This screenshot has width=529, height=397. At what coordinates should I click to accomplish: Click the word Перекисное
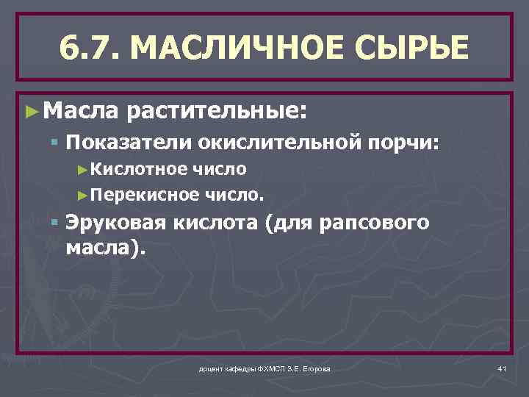pyautogui.click(x=140, y=195)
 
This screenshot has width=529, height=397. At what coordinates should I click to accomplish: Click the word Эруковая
pyautogui.click(x=115, y=223)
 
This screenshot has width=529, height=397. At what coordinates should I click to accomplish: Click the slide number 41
pyautogui.click(x=502, y=368)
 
